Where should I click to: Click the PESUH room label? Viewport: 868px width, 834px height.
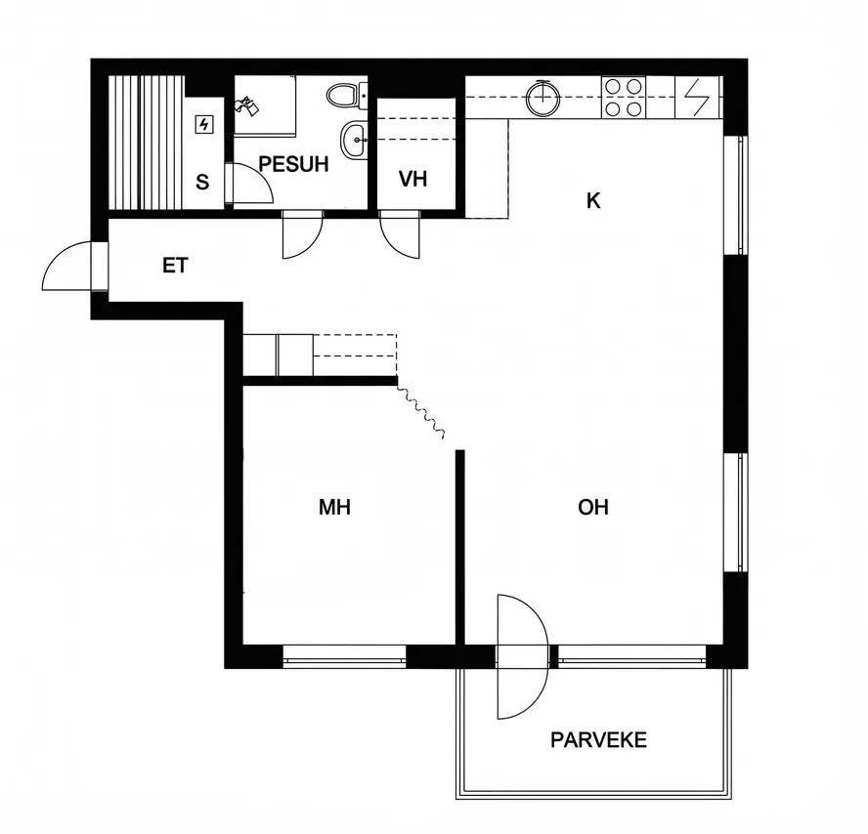click(x=293, y=164)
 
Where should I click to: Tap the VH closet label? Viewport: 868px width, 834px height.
click(x=412, y=179)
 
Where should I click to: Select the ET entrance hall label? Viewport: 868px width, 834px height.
click(x=176, y=266)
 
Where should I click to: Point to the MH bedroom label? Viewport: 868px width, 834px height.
click(x=334, y=507)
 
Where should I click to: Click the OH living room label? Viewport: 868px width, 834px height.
click(x=593, y=507)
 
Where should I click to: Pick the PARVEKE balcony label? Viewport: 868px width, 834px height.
click(x=598, y=740)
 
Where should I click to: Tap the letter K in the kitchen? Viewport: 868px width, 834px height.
click(x=593, y=201)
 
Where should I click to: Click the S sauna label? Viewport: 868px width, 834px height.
click(x=202, y=182)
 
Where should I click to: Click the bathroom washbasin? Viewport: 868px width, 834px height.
click(x=354, y=140)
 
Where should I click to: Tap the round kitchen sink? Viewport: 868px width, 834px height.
click(x=543, y=98)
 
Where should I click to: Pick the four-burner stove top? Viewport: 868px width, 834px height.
click(x=624, y=98)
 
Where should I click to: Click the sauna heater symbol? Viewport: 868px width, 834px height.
click(x=204, y=124)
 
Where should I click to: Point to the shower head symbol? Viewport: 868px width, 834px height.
click(x=246, y=105)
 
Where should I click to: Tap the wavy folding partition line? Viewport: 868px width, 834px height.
click(x=420, y=412)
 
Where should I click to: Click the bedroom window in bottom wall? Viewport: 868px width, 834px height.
click(x=344, y=656)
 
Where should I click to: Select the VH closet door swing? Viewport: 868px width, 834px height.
click(x=400, y=235)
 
